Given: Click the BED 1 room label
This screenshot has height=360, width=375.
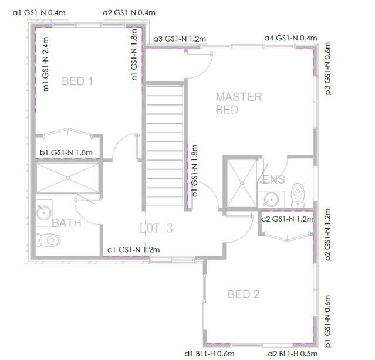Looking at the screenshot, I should [x=77, y=82].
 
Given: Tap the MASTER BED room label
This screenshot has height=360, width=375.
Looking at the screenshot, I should [x=239, y=103].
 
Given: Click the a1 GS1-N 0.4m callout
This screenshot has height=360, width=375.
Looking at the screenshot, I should [x=38, y=12].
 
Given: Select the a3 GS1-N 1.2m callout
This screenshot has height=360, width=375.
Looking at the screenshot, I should [x=180, y=39].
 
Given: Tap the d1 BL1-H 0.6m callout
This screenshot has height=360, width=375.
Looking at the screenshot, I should [x=210, y=354].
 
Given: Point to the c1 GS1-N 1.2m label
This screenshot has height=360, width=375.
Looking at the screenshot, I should [x=133, y=250].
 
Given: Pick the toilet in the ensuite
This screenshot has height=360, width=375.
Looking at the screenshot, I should [x=299, y=191].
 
